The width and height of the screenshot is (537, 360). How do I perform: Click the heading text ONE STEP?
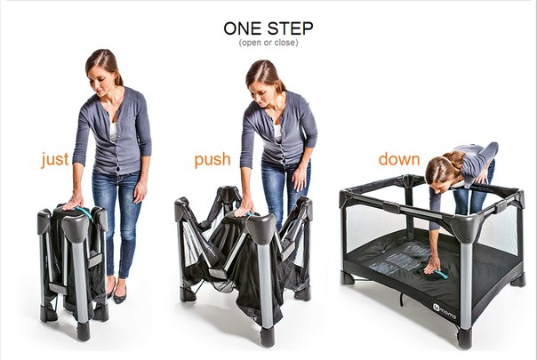pos(268,28)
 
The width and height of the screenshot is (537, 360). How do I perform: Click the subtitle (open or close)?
pos(268,43)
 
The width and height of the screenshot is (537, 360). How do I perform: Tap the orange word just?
pos(55,160)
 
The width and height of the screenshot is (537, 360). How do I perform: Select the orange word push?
pos(212,160)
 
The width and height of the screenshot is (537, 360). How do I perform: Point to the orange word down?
pos(399,159)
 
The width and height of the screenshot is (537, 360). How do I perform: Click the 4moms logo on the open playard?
pos(445,310)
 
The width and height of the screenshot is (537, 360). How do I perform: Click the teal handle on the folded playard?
pos(81,211)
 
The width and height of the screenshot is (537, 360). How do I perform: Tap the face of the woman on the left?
pos(99,82)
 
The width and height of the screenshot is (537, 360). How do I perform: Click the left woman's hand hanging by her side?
pos(140,190)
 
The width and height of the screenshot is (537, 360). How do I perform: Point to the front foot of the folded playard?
pos(83,332)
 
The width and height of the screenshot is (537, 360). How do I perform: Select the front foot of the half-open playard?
pos(267,337)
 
